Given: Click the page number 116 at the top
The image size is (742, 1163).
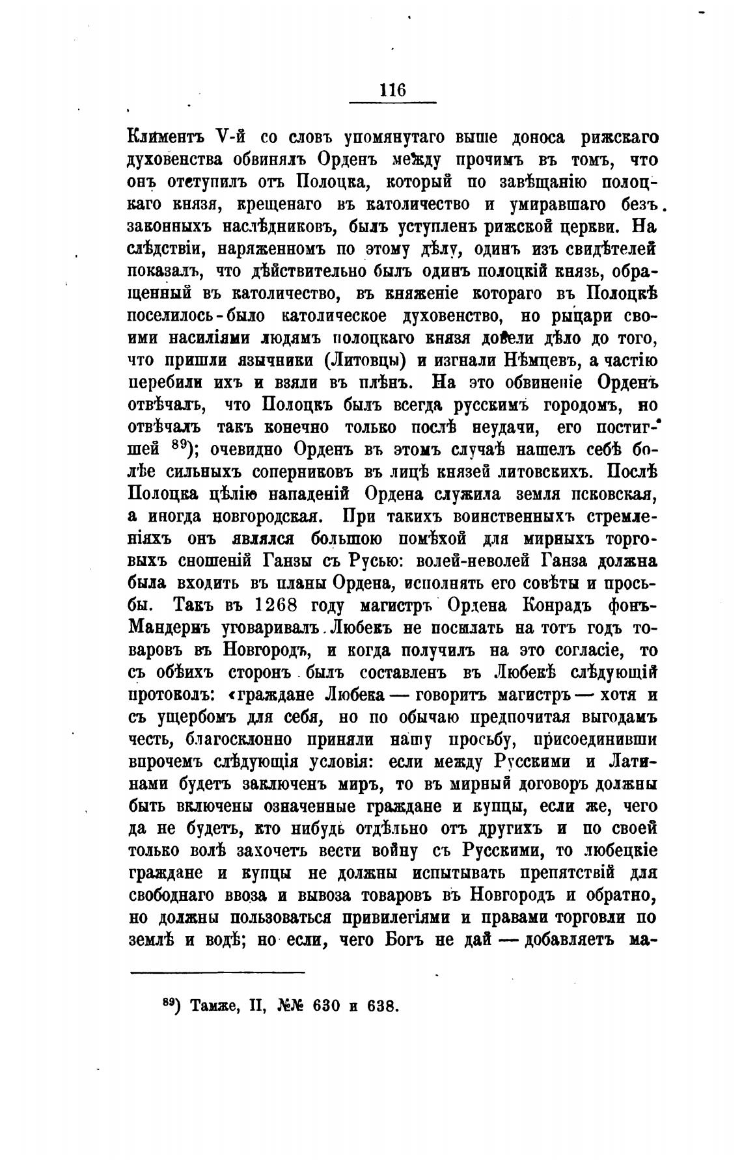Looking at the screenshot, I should click(x=392, y=90).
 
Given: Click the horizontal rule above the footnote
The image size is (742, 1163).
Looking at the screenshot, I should click(x=217, y=972).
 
